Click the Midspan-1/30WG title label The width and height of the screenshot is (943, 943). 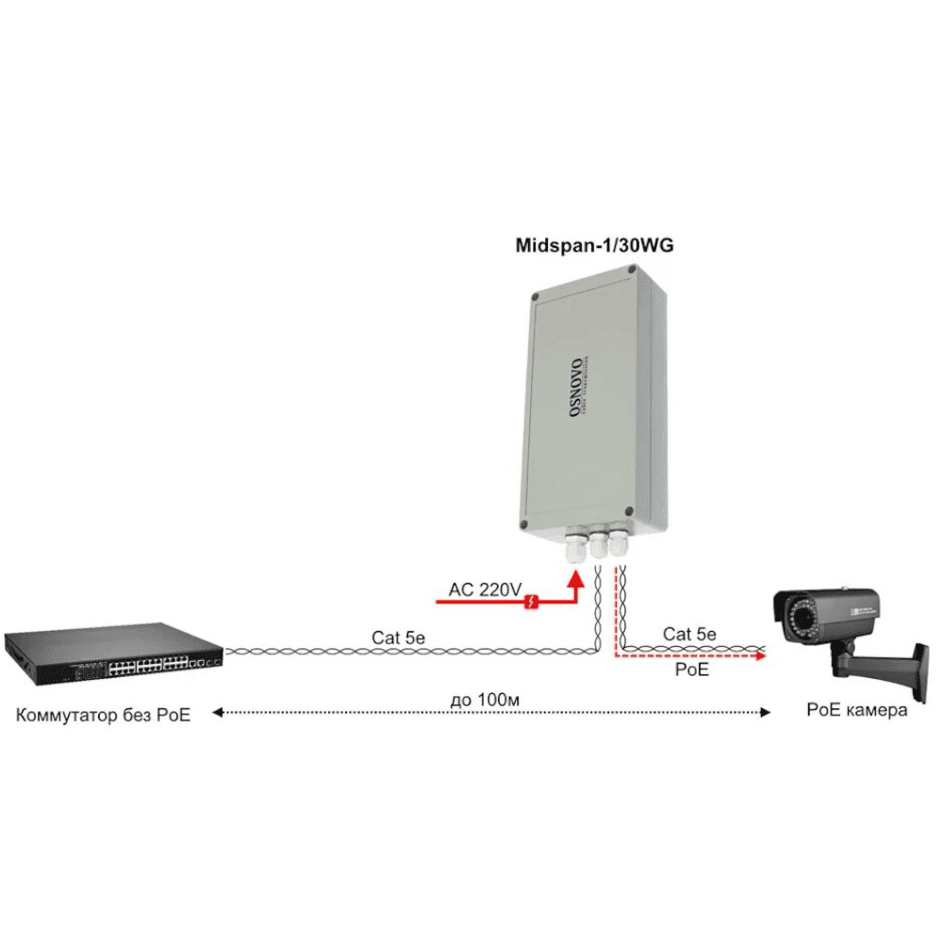pyautogui.click(x=595, y=246)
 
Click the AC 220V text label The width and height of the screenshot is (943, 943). pyautogui.click(x=485, y=589)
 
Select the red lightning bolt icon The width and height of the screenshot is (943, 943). pyautogui.click(x=533, y=600)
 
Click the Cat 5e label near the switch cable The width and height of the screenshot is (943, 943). pyautogui.click(x=398, y=637)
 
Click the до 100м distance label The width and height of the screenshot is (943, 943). pyautogui.click(x=487, y=699)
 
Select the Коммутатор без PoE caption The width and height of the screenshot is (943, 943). pyautogui.click(x=103, y=715)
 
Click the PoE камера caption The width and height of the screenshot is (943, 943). pyautogui.click(x=856, y=709)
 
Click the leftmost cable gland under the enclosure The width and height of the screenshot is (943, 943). pyautogui.click(x=574, y=547)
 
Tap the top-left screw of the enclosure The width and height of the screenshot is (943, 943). pyautogui.click(x=536, y=298)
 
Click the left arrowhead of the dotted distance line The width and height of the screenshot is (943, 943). pyautogui.click(x=216, y=714)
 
